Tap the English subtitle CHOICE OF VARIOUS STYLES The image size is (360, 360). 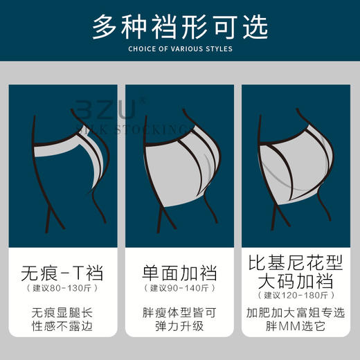(180, 49)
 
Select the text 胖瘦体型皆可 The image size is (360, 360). (179, 312)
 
